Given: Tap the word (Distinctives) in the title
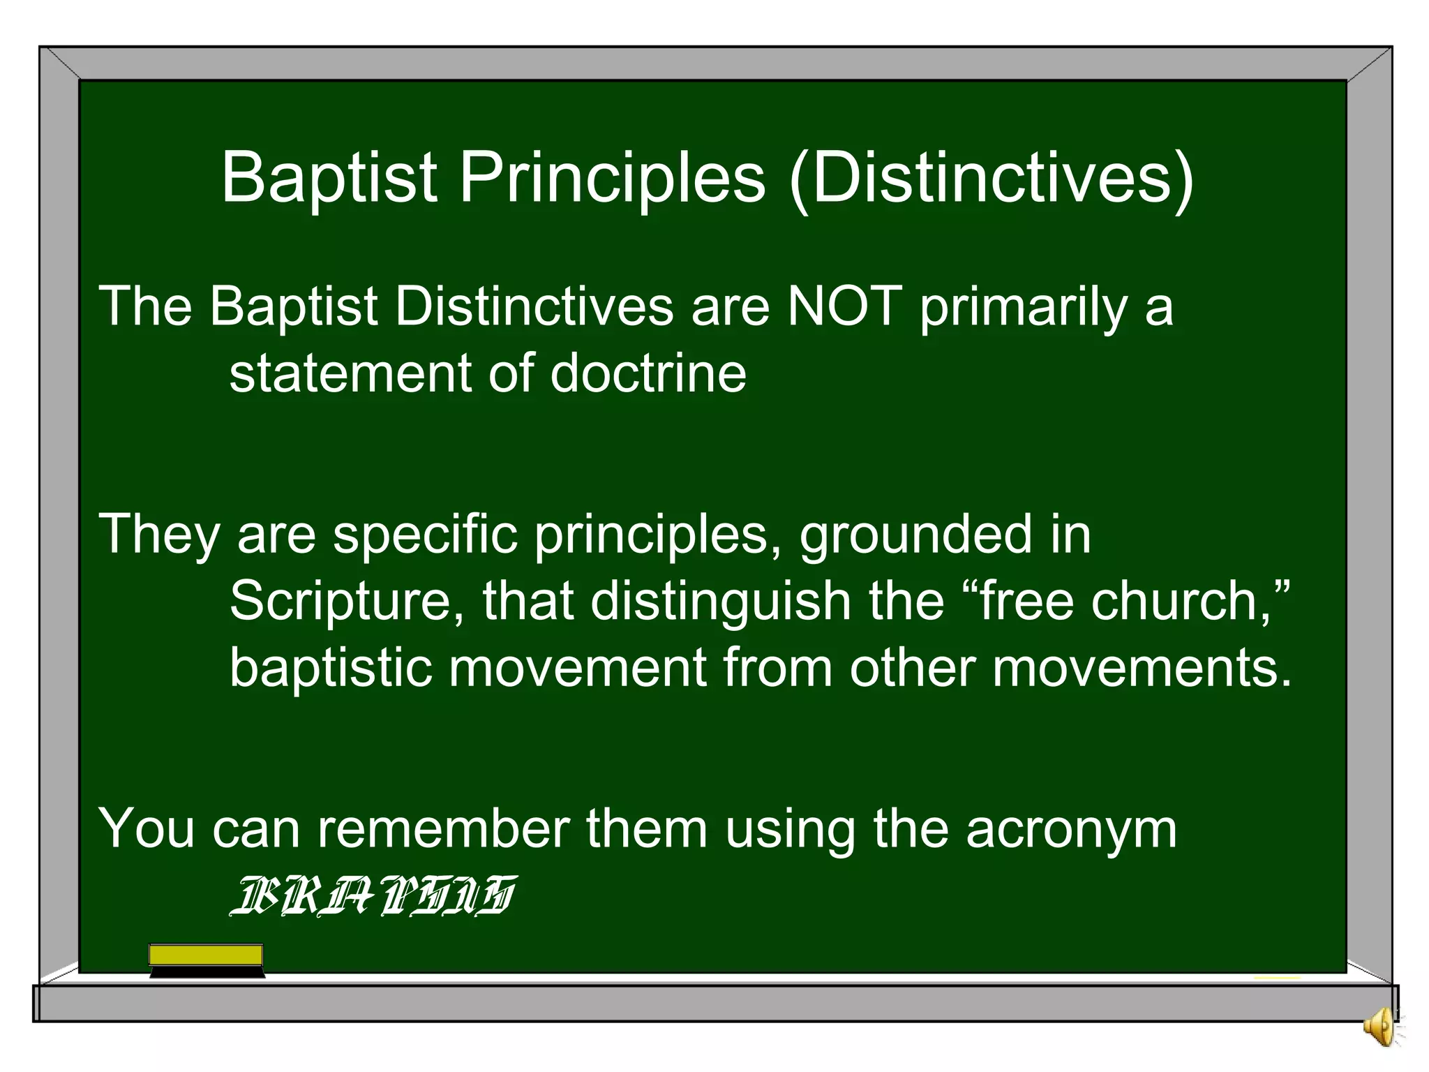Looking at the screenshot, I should tap(992, 179).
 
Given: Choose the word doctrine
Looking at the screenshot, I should tap(648, 373).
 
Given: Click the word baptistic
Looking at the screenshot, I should tap(331, 667).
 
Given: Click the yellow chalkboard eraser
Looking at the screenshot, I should tap(207, 960).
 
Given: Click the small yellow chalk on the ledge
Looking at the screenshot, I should tap(1277, 978).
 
